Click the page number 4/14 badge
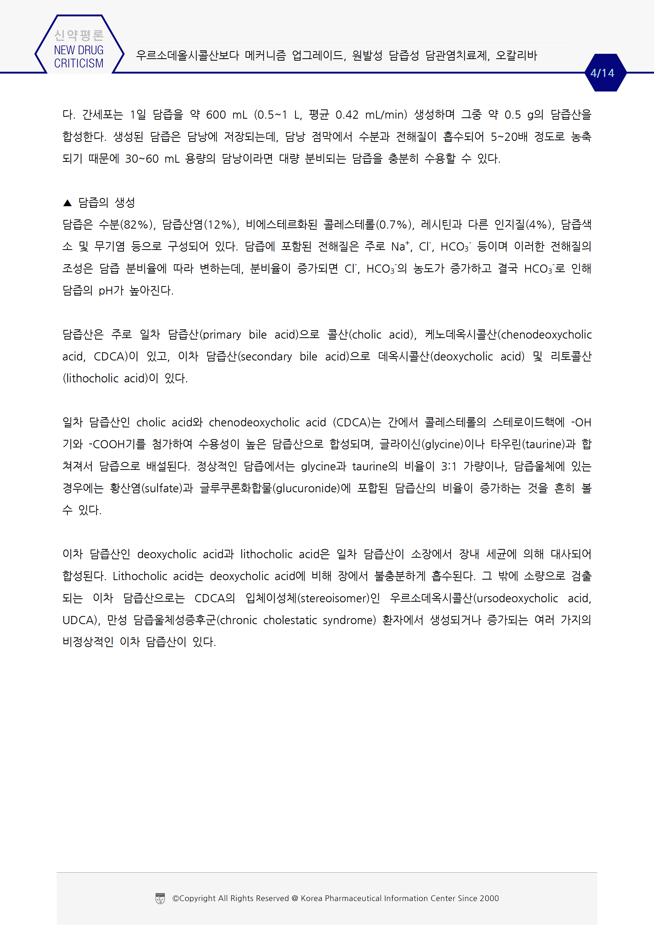pos(602,73)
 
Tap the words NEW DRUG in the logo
pos(79,50)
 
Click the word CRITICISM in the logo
pos(79,63)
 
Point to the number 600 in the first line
pos(216,115)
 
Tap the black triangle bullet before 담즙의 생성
pos(67,203)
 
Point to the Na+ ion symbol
pos(400,246)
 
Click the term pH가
pos(111,291)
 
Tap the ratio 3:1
pos(449,466)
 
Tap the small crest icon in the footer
pos(160,898)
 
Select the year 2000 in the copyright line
pos(489,898)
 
